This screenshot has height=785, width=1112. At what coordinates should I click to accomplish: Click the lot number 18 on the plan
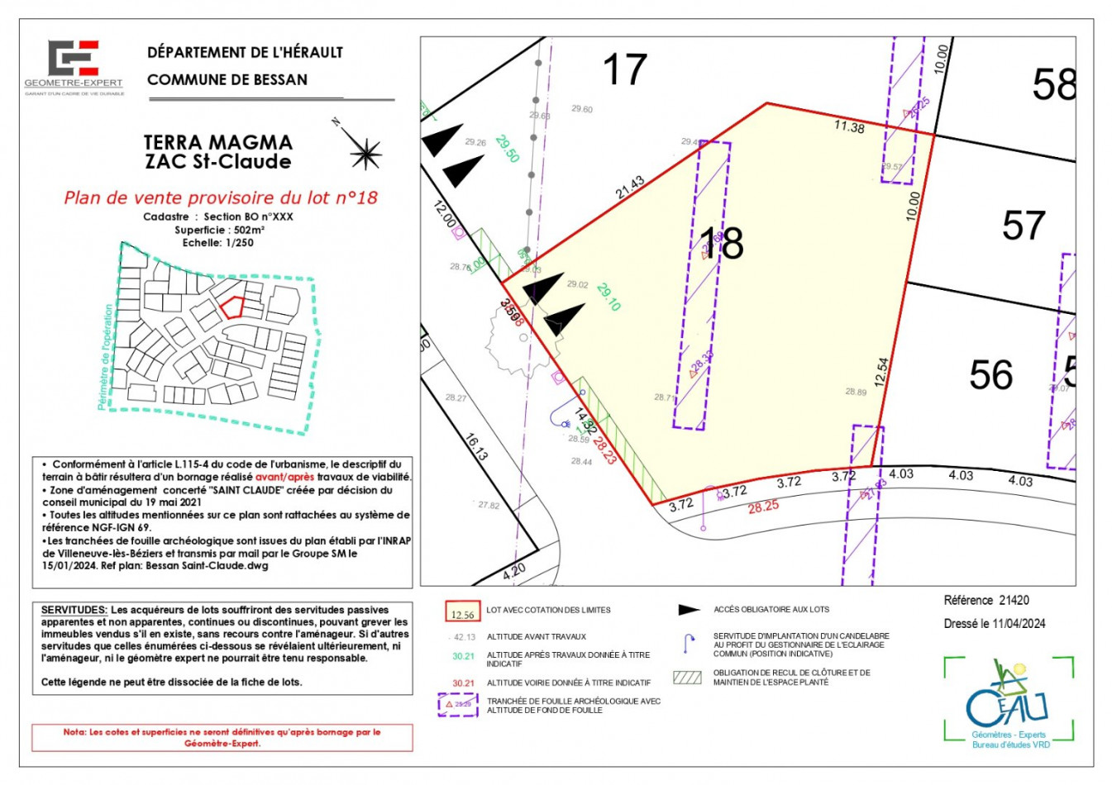click(x=722, y=243)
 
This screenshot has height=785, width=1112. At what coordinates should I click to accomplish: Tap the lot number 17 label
click(x=624, y=69)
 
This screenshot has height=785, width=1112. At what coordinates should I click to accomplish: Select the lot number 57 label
click(x=1024, y=226)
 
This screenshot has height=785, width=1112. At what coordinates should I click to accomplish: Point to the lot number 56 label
click(x=990, y=375)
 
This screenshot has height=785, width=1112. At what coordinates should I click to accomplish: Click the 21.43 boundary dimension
click(x=630, y=188)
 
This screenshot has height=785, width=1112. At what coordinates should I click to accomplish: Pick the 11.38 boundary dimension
click(x=849, y=126)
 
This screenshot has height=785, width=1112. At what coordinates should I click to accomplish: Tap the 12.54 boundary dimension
click(x=881, y=372)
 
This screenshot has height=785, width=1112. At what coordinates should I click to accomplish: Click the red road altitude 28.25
click(x=763, y=507)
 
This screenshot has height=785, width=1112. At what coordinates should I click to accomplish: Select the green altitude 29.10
click(x=608, y=297)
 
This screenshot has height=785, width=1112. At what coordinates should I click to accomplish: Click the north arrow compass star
click(x=364, y=153)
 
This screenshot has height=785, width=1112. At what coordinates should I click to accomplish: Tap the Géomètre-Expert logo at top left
click(x=74, y=66)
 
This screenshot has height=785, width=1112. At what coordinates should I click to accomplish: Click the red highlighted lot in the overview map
click(x=232, y=307)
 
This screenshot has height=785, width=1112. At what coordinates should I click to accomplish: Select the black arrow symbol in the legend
click(x=689, y=610)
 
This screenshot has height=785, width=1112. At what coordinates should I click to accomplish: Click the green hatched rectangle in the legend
click(x=688, y=678)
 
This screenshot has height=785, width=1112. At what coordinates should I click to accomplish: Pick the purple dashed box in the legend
click(x=458, y=704)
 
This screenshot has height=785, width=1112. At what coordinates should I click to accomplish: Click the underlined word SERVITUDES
click(x=74, y=610)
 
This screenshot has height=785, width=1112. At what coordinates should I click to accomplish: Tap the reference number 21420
click(x=1014, y=601)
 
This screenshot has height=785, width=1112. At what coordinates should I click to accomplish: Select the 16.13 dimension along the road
click(x=475, y=447)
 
